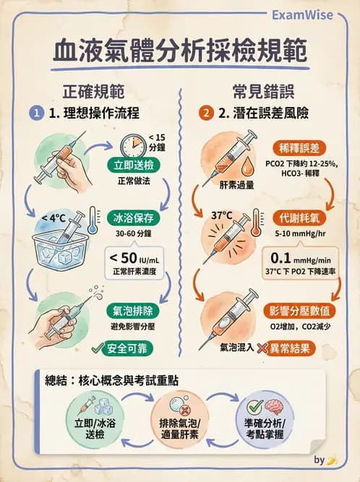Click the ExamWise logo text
[313, 14]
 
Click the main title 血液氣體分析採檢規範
[180, 53]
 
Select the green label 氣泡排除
[134, 311]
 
